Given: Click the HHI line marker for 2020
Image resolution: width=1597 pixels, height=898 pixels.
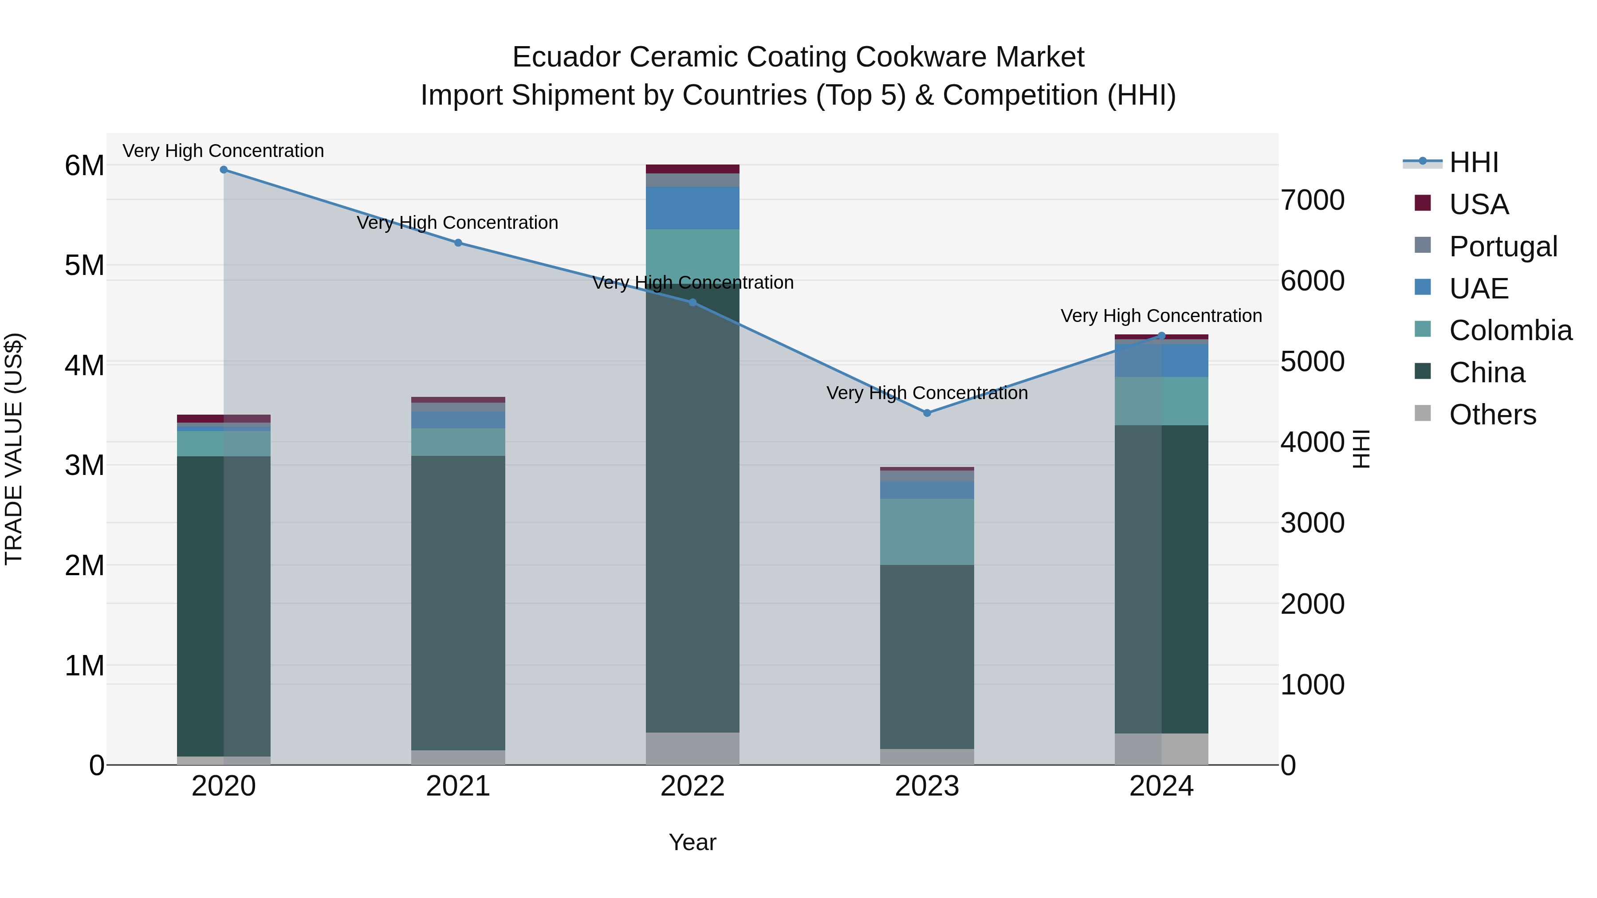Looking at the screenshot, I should [224, 170].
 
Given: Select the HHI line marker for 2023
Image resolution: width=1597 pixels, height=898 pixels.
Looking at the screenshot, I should [927, 413].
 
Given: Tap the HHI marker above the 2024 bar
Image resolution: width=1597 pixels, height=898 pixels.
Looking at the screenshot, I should [1162, 336].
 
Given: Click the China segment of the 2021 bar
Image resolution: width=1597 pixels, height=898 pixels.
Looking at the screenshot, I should [458, 601].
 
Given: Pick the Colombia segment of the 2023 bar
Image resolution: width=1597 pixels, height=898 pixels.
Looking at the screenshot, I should [927, 532].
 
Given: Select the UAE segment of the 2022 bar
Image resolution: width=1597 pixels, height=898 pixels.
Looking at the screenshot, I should [692, 208].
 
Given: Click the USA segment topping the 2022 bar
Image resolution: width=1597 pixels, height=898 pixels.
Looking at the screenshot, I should [692, 169].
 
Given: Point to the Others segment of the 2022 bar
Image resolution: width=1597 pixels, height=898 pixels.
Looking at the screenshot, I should [692, 749].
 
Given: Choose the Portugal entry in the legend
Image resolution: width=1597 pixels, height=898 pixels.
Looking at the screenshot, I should [1503, 247].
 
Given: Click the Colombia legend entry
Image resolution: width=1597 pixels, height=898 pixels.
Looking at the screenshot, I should [1510, 330].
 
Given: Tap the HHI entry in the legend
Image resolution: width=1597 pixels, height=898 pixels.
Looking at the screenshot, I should [1473, 162].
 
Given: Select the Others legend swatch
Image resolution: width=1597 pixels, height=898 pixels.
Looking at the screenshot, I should [1423, 413].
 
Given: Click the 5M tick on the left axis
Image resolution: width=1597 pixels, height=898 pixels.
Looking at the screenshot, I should [84, 265].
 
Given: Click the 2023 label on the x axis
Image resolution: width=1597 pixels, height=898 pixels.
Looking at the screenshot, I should [927, 786].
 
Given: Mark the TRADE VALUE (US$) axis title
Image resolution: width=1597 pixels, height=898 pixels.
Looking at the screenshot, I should [14, 449].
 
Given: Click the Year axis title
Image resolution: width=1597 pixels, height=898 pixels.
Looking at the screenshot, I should [692, 842].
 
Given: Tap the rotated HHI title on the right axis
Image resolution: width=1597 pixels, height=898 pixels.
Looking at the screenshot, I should [1361, 449].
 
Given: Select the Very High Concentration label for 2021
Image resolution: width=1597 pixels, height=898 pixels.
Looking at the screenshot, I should [457, 223].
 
